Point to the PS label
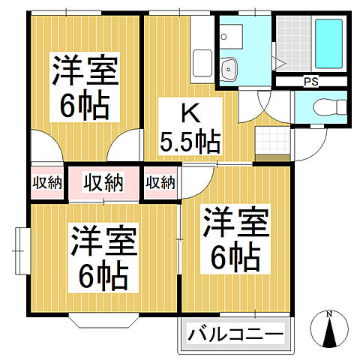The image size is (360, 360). click(x=308, y=81)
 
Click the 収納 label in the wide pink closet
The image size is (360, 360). click(x=103, y=182)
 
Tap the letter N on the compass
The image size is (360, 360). click(x=330, y=314)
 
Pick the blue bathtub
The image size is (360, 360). click(x=328, y=43)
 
